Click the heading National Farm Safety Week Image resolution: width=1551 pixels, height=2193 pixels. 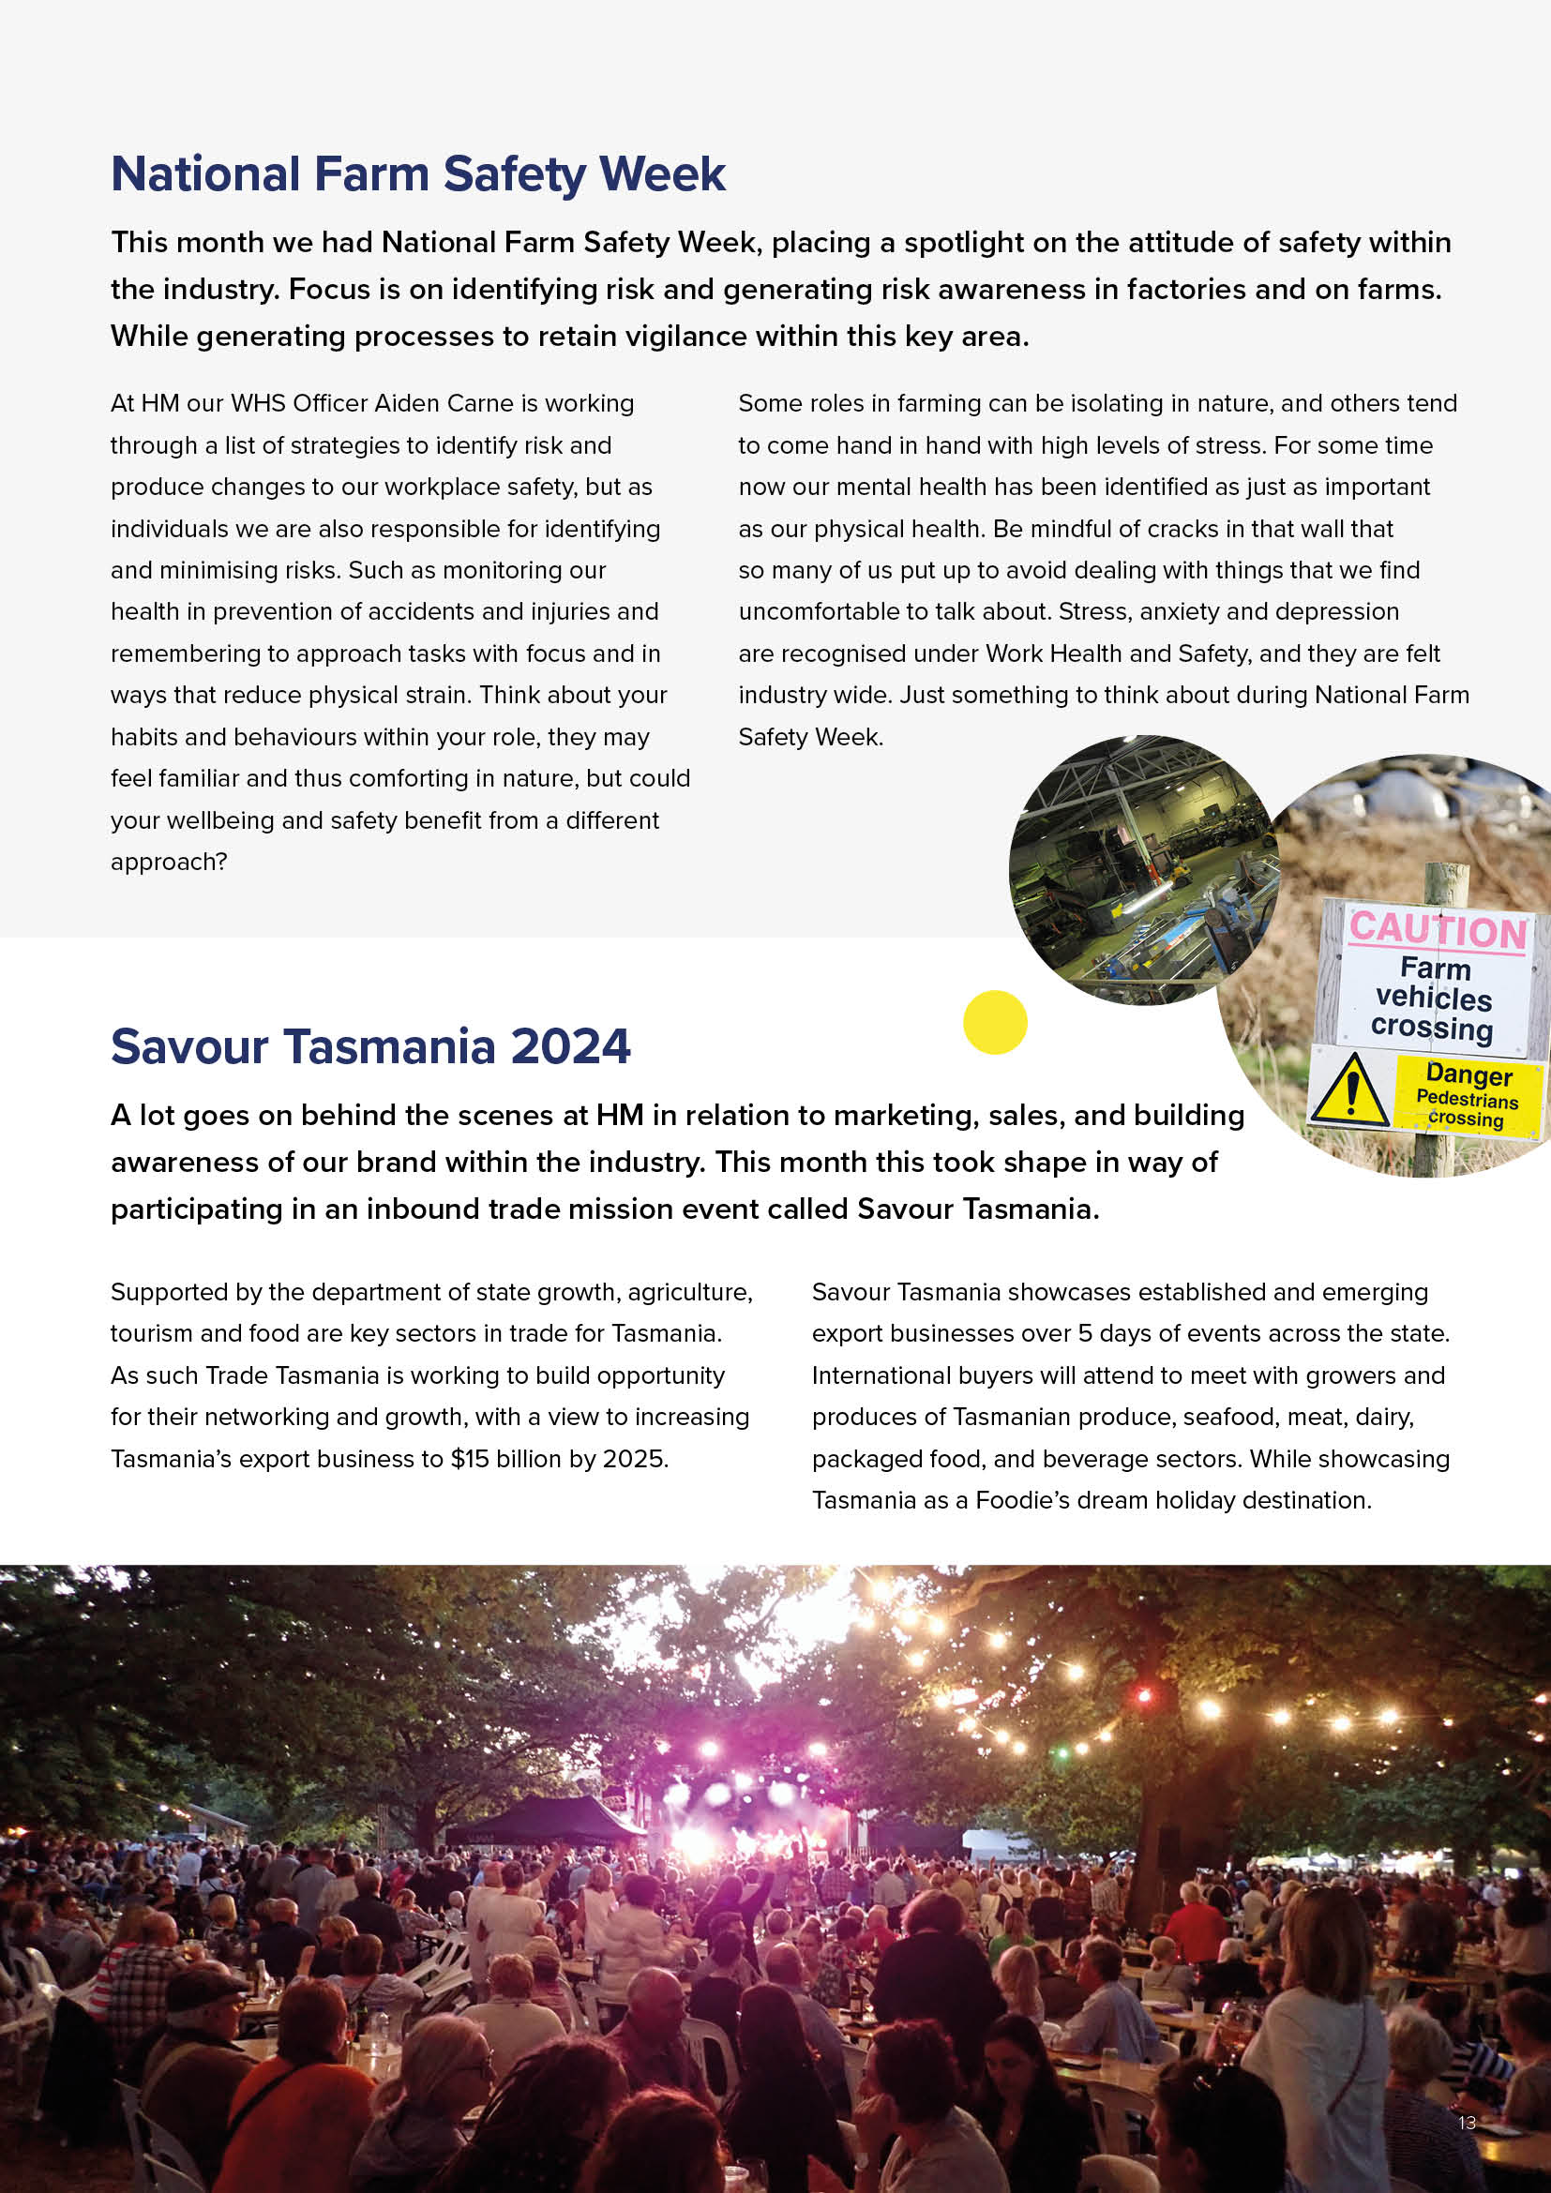(x=417, y=174)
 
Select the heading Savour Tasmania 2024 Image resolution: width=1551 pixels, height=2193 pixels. (x=370, y=1046)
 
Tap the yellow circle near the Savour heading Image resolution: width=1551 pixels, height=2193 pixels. (x=994, y=1022)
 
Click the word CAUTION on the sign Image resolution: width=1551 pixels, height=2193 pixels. (x=1438, y=930)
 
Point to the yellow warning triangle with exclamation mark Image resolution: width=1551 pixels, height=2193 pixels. (x=1350, y=1089)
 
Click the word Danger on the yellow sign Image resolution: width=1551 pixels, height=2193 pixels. (x=1468, y=1074)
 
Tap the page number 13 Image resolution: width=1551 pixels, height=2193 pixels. (x=1467, y=2123)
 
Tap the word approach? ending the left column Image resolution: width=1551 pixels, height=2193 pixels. (x=169, y=863)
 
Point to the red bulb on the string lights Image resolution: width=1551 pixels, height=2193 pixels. (x=1143, y=1696)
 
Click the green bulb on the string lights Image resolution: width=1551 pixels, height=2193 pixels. (x=1062, y=1751)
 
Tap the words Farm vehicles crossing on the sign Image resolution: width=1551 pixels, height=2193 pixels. (x=1433, y=998)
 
